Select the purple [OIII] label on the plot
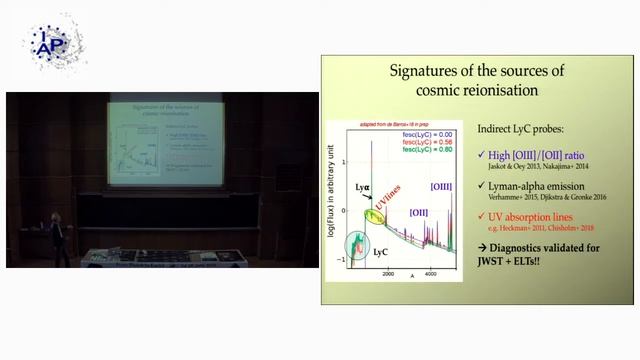[x=440, y=187]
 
